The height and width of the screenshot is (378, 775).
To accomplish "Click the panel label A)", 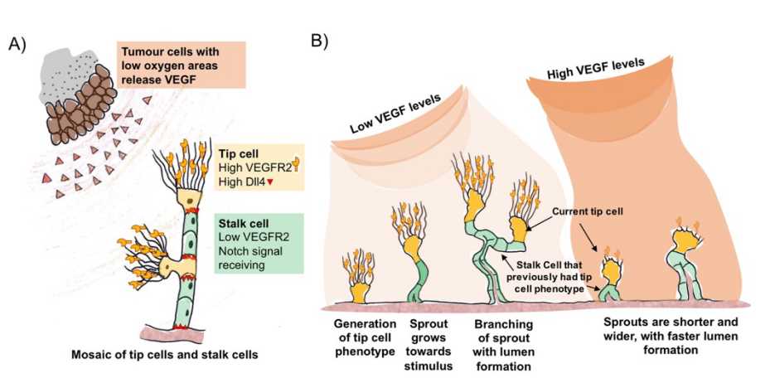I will click(x=18, y=44).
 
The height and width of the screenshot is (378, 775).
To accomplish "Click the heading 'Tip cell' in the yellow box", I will click(x=235, y=155).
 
